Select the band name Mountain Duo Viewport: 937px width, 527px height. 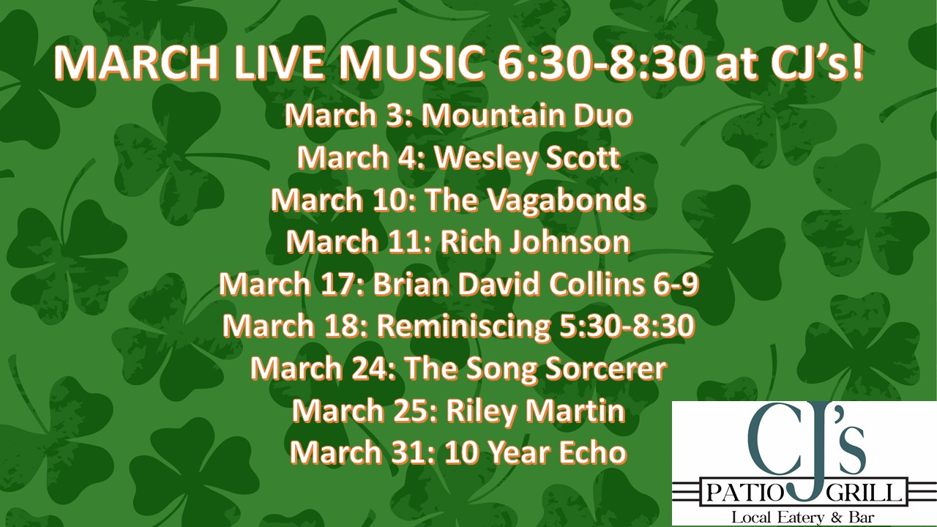[526, 115]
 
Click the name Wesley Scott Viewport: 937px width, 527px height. [527, 157]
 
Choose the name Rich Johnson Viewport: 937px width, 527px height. [535, 242]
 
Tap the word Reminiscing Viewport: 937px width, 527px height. [463, 326]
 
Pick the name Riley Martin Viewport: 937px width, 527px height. [536, 411]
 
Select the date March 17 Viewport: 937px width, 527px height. [292, 284]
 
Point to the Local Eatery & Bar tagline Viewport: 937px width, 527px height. [803, 517]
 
